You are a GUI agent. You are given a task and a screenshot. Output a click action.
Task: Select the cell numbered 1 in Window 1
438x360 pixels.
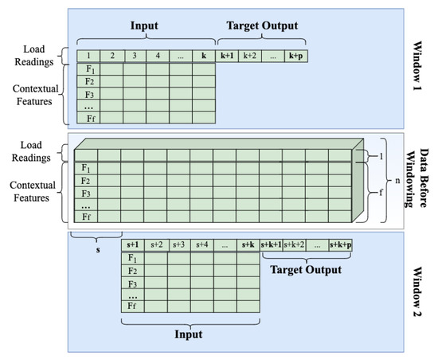pyautogui.click(x=89, y=57)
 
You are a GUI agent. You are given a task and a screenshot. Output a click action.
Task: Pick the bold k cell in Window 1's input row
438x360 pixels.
pyautogui.click(x=204, y=57)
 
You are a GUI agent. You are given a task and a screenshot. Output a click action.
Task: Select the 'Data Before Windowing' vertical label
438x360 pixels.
pyautogui.click(x=420, y=176)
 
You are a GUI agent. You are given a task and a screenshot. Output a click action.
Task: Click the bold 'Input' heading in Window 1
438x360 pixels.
pyautogui.click(x=145, y=25)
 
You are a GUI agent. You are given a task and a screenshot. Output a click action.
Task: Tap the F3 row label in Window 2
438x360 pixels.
pyautogui.click(x=134, y=282)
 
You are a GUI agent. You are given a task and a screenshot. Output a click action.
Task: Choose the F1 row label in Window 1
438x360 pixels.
pyautogui.click(x=89, y=69)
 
